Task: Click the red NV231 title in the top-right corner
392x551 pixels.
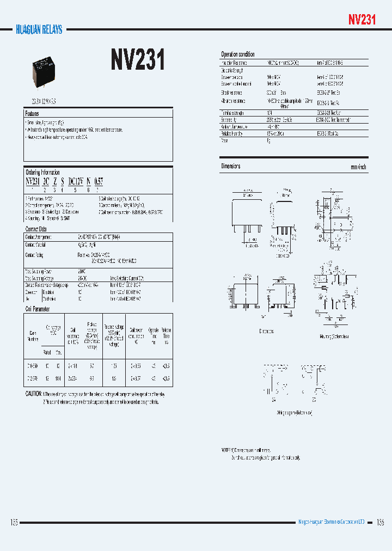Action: click(x=362, y=20)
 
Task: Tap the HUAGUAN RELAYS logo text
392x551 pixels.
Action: click(x=39, y=29)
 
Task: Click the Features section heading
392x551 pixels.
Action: click(x=33, y=113)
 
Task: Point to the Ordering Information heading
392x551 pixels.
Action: click(x=43, y=172)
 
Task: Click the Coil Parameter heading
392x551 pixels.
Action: click(x=38, y=309)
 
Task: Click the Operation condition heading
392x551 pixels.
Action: click(x=238, y=54)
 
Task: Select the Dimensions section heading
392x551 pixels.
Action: click(x=231, y=166)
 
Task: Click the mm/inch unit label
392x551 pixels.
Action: click(x=358, y=167)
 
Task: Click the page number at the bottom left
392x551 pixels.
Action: click(x=14, y=522)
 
